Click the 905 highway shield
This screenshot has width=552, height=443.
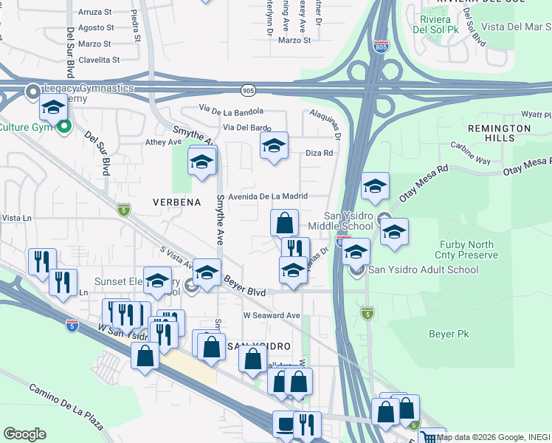tap(248, 90)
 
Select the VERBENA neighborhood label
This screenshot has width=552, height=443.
tap(177, 201)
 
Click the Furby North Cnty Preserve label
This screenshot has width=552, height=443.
tap(469, 250)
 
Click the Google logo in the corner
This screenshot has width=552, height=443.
tap(24, 433)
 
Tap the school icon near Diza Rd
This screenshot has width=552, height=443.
tap(274, 146)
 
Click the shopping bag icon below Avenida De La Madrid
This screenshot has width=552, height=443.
tap(284, 221)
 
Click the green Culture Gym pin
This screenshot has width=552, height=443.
tap(64, 126)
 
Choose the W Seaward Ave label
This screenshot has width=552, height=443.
tap(272, 315)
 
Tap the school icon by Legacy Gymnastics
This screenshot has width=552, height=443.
tap(53, 108)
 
